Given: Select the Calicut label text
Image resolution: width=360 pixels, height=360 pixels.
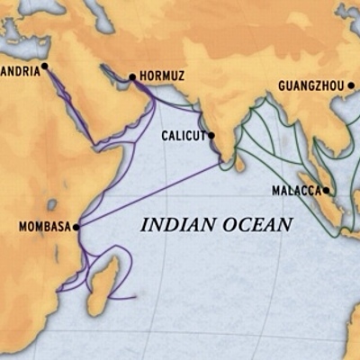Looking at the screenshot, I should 183,136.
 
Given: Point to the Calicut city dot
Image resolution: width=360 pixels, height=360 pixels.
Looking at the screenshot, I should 211,136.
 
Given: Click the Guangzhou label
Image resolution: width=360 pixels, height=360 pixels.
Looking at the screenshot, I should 311,86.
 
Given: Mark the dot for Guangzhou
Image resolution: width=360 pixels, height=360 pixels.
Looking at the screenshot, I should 350,86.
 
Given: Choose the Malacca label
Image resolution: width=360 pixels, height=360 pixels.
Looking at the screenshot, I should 296,191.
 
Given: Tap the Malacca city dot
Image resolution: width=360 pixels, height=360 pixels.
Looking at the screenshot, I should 327,191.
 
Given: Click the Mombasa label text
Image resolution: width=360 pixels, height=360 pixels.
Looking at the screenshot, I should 44,227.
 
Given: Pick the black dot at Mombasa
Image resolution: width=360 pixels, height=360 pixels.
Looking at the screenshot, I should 76,227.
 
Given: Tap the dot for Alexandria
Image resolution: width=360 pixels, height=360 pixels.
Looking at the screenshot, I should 43,66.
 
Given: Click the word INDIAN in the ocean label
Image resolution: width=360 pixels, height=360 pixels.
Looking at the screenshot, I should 172,225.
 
